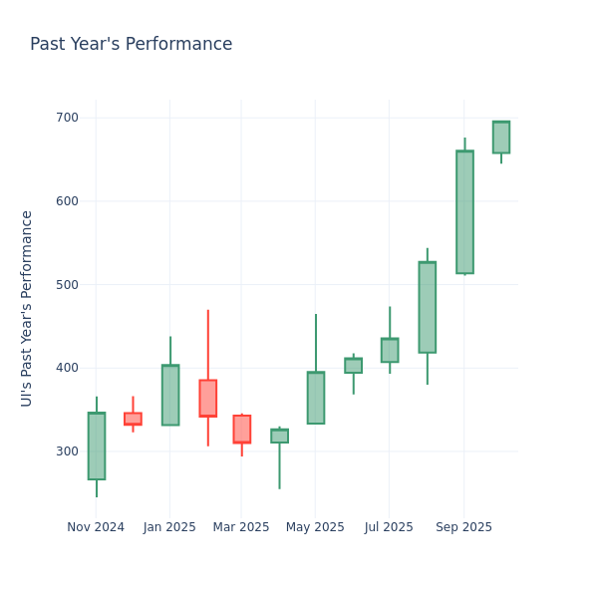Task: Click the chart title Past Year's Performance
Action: (x=131, y=45)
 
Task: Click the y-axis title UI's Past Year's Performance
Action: (x=27, y=308)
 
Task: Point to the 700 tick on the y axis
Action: (x=67, y=118)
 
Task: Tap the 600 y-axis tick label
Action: (x=67, y=201)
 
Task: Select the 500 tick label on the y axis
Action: (x=67, y=285)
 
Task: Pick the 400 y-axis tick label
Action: (x=67, y=368)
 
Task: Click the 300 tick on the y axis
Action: (x=67, y=451)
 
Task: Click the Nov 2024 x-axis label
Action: (x=96, y=527)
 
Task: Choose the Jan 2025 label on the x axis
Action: (x=169, y=527)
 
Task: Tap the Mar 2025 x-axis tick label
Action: (x=241, y=527)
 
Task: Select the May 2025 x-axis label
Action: (x=315, y=527)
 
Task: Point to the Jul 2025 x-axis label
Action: (x=389, y=527)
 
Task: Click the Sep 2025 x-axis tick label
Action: (x=463, y=527)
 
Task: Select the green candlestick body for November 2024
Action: (x=97, y=446)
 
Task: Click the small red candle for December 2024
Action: (x=133, y=419)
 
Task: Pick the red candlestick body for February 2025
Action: (x=207, y=398)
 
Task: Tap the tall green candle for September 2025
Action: (x=464, y=212)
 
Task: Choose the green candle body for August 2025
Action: (x=427, y=307)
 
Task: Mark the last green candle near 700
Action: (x=501, y=138)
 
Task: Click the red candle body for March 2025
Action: (x=241, y=429)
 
